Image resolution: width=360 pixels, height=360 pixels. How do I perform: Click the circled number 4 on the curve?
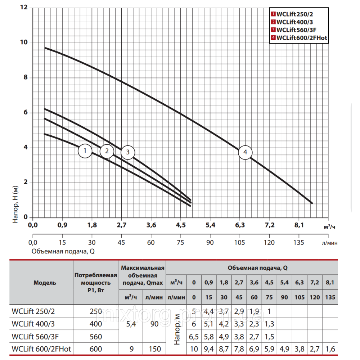[x=245, y=152]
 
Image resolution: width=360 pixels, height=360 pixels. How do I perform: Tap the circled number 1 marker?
[x=85, y=151]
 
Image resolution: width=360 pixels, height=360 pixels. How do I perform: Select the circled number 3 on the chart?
[x=127, y=152]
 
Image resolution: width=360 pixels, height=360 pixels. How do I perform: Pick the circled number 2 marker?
[x=107, y=151]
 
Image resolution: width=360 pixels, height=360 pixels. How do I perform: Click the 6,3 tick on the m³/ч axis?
[x=240, y=225]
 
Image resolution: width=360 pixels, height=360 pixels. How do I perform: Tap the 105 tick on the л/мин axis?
[x=240, y=242]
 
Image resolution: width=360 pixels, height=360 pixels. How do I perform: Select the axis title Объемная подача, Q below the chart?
[x=63, y=251]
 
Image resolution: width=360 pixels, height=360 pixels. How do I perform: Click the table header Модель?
[x=45, y=283]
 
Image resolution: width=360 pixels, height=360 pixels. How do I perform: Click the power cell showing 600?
[x=96, y=349]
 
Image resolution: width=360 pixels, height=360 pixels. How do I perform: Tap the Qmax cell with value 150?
[x=154, y=349]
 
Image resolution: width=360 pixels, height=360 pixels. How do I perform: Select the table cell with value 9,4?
[x=208, y=349]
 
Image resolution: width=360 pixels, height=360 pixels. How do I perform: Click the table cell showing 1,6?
[x=329, y=349]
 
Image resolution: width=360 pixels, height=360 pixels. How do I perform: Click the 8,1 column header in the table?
[x=329, y=283]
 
